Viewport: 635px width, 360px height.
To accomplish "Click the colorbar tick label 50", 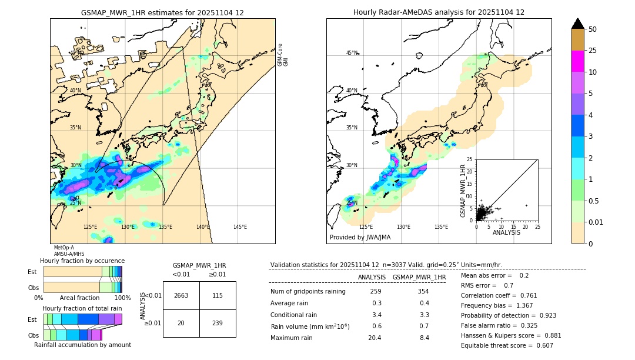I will (x=593, y=29).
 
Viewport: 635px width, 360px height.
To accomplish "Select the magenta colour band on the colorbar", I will (x=577, y=61).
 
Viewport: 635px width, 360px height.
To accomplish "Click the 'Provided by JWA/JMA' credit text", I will (x=360, y=238).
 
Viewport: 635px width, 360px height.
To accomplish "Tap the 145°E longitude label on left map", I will (x=240, y=227).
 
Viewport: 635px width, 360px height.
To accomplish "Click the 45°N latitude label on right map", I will (x=352, y=53).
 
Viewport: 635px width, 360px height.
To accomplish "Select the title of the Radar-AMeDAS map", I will (x=439, y=12).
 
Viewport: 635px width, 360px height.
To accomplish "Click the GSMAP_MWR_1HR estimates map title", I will (x=162, y=12).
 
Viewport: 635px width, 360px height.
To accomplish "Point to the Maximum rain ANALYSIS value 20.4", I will (x=375, y=338).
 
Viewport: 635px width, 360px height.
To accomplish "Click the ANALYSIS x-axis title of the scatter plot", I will (x=506, y=232).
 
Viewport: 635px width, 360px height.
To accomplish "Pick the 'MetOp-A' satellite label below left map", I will (x=63, y=248).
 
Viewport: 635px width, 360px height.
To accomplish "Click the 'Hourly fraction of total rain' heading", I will (x=82, y=308).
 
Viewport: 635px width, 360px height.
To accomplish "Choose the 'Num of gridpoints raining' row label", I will (x=308, y=292).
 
